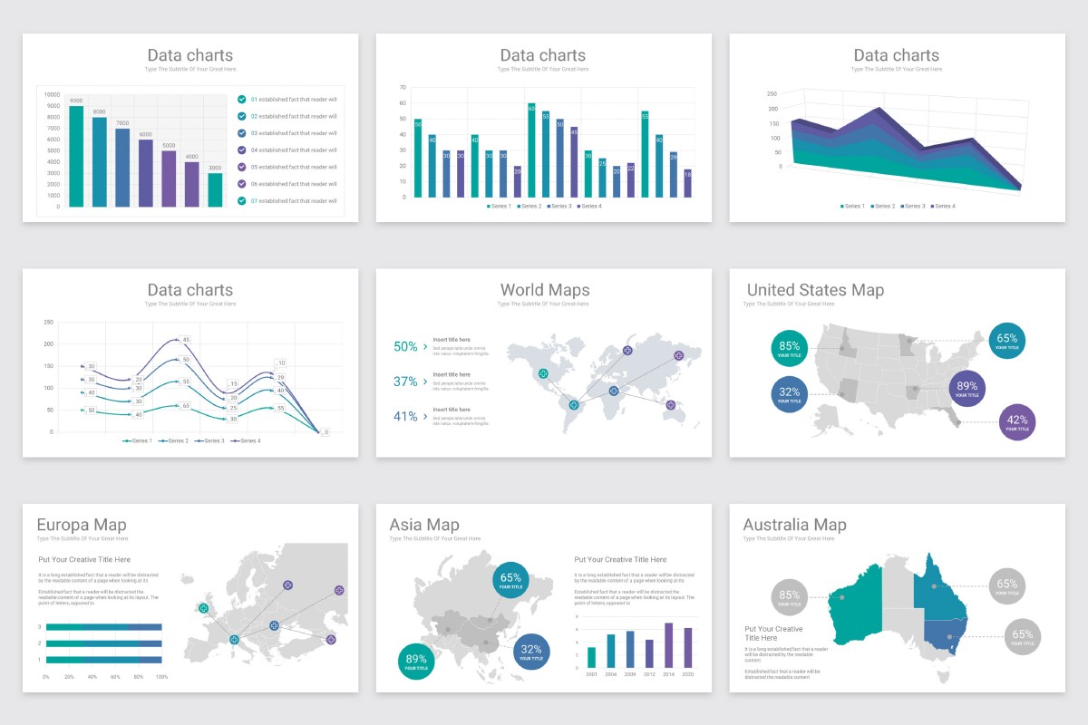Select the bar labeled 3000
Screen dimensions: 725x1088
(215, 189)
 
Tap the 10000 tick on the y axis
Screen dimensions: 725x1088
(52, 95)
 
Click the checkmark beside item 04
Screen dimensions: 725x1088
(241, 150)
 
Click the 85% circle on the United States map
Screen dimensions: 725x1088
(789, 348)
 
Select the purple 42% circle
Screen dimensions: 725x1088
(1016, 421)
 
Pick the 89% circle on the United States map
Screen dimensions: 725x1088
(967, 388)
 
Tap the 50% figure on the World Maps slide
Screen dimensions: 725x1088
(405, 346)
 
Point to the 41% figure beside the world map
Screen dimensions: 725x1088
(405, 417)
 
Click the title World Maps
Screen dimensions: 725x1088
(544, 290)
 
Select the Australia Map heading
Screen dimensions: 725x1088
(794, 525)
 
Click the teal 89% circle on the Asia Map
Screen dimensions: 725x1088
(416, 661)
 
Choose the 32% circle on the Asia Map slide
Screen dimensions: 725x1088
(531, 651)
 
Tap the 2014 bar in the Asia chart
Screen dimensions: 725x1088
(668, 645)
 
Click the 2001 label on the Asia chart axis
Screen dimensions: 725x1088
(591, 674)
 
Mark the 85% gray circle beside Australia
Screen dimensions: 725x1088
(789, 596)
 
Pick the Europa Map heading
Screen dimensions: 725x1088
(82, 525)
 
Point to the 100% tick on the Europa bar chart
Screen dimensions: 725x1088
(162, 677)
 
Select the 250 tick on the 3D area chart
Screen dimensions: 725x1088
(772, 94)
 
